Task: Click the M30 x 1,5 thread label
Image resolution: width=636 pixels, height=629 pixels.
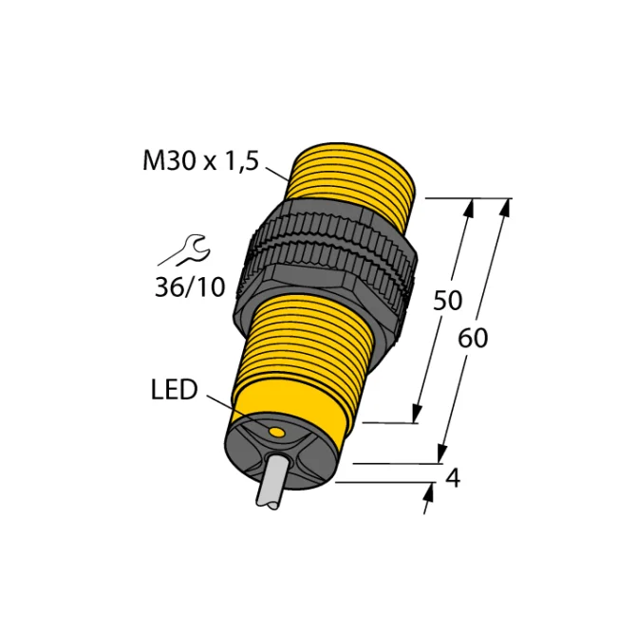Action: (201, 161)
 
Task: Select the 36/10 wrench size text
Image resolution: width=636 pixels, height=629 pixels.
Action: (190, 287)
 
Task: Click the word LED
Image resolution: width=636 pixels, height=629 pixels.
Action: (174, 390)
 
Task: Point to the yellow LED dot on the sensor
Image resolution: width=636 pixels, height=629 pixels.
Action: (277, 433)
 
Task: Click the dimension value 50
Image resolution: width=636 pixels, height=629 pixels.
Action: (447, 301)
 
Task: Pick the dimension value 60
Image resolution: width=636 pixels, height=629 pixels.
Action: (473, 338)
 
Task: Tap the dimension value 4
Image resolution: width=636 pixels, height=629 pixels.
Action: (453, 478)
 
